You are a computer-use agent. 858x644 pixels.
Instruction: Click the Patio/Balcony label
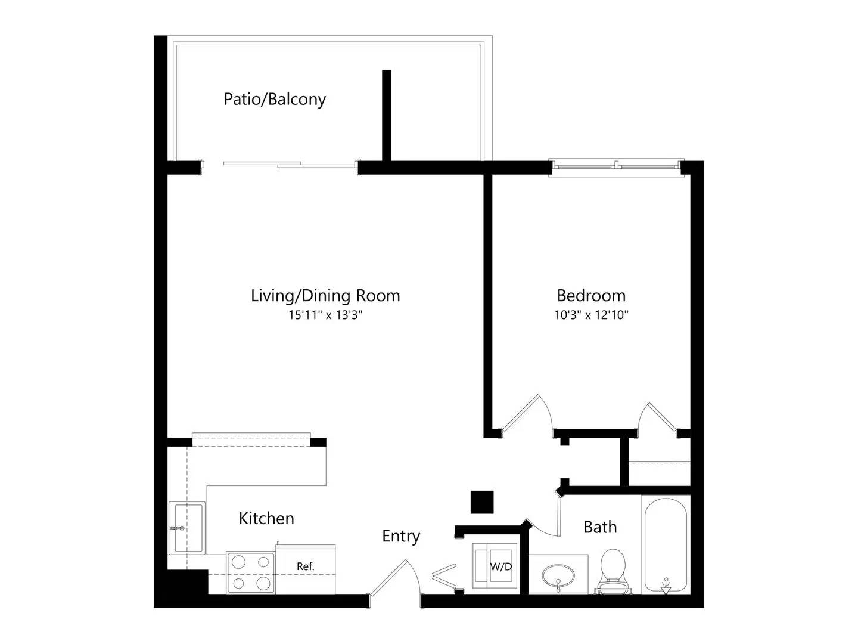(x=275, y=100)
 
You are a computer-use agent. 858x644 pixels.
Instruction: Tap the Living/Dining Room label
(x=325, y=296)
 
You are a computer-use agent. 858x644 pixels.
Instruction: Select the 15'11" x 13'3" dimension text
(x=325, y=315)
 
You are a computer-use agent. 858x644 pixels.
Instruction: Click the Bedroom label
(x=590, y=296)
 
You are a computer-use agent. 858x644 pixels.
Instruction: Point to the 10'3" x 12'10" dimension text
(x=591, y=315)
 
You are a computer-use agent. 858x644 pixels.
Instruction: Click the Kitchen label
(x=266, y=519)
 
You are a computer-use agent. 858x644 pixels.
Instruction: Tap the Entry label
(x=400, y=537)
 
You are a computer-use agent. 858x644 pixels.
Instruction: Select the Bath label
(x=600, y=527)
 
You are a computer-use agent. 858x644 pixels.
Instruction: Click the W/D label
(x=500, y=566)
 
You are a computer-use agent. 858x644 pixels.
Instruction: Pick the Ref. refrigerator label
(x=305, y=566)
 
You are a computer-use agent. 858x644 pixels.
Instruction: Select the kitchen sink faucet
(x=177, y=529)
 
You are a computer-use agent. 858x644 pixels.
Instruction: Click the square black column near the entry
(x=481, y=502)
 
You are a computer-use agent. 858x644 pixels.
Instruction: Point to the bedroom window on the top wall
(x=616, y=168)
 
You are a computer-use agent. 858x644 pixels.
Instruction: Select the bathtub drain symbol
(x=666, y=586)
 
